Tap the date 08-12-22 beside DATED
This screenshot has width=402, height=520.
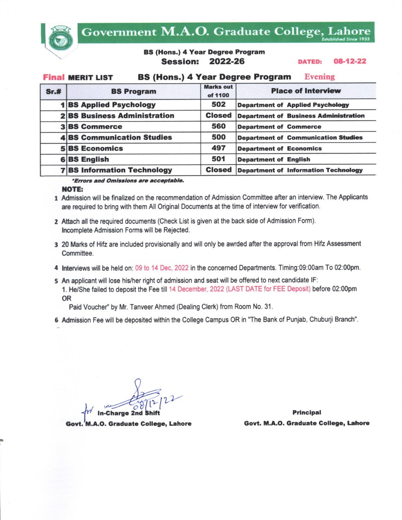(x=350, y=61)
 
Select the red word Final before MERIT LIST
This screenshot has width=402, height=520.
(x=54, y=77)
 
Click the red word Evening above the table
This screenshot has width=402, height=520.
(x=319, y=77)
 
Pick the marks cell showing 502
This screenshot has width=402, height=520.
(x=218, y=104)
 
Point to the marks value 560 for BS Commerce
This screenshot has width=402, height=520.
(x=218, y=126)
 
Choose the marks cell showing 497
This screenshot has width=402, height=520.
(x=218, y=148)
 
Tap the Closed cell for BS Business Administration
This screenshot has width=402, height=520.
(x=218, y=115)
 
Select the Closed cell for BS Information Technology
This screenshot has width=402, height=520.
(x=218, y=170)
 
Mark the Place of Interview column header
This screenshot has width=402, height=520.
(x=306, y=91)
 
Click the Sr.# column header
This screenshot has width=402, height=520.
(x=53, y=91)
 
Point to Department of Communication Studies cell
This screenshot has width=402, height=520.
(x=300, y=138)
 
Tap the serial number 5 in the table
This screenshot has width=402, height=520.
(x=63, y=149)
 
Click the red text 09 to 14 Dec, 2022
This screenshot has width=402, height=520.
(x=162, y=268)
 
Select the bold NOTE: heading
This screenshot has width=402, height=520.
(x=72, y=189)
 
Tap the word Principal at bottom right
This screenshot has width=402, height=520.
(x=306, y=412)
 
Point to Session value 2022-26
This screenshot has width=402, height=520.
(x=227, y=62)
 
